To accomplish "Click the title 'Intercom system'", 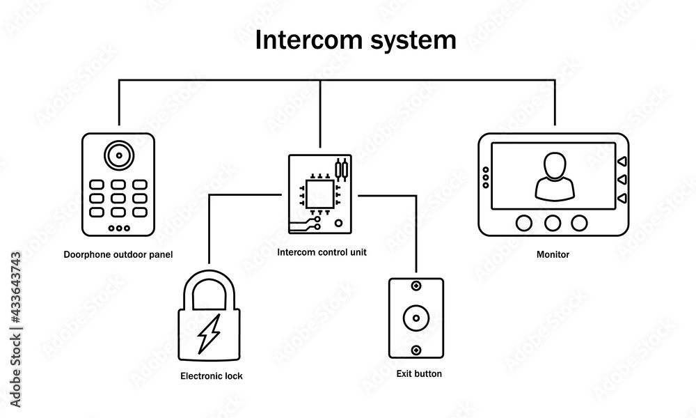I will [356, 40].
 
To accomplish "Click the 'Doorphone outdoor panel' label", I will [118, 255].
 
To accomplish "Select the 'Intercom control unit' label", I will [322, 252].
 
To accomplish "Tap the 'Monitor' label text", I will [553, 255].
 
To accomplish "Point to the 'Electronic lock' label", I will [212, 376].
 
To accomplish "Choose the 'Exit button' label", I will [419, 374].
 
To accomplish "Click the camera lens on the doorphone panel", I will [118, 155].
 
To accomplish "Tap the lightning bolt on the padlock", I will [209, 334].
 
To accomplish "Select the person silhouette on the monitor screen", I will [554, 176].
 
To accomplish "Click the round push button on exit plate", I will [416, 318].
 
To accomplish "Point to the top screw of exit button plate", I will [416, 287].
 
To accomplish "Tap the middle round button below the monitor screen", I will [553, 223].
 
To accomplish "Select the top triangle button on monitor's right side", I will [622, 162].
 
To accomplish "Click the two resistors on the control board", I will [341, 170].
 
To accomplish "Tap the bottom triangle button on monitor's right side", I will [622, 200].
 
